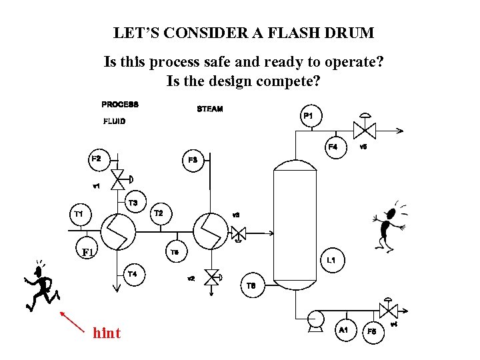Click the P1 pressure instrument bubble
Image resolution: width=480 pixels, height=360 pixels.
(309, 117)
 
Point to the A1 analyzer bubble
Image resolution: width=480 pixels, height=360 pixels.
(344, 330)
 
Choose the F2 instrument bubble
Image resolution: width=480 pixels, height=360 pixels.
(97, 159)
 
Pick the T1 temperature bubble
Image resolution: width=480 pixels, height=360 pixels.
(79, 214)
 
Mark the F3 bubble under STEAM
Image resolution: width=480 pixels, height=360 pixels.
(193, 161)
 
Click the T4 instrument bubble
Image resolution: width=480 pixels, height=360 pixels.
(133, 274)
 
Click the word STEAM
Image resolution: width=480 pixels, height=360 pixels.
(209, 109)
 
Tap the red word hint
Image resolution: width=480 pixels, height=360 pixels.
(107, 333)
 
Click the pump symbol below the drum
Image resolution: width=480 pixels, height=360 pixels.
(314, 319)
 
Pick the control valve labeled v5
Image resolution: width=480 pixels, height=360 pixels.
(364, 129)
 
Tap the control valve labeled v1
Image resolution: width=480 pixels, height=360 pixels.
(119, 178)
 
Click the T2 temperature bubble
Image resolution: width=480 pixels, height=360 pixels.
(159, 214)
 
